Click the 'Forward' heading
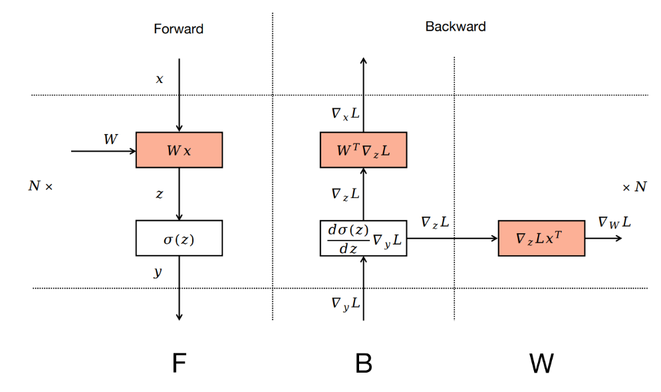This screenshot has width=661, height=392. [x=178, y=29]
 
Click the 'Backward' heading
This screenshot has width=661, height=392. [x=456, y=27]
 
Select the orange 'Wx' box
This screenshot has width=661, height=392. [x=179, y=149]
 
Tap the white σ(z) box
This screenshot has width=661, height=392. [x=179, y=238]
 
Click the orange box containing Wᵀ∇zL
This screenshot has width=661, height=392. [x=363, y=149]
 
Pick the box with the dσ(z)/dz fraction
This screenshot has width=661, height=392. [x=363, y=238]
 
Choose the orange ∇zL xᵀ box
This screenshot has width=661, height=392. [x=541, y=238]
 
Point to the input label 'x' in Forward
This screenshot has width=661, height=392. [x=160, y=79]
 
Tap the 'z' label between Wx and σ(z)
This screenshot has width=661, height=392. [x=160, y=193]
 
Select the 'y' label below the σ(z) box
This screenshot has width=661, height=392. [x=158, y=272]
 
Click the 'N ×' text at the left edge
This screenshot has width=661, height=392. [x=40, y=187]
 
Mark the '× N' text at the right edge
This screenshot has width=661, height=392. [x=634, y=187]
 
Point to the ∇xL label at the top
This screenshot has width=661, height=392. [x=346, y=114]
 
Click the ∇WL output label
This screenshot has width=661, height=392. [x=614, y=223]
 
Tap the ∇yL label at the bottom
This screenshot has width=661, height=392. [x=346, y=303]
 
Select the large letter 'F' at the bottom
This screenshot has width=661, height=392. [x=178, y=363]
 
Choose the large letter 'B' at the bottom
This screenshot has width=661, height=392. [x=363, y=363]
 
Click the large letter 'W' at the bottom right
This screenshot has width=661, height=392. [x=542, y=363]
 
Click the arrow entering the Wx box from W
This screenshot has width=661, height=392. [x=103, y=151]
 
